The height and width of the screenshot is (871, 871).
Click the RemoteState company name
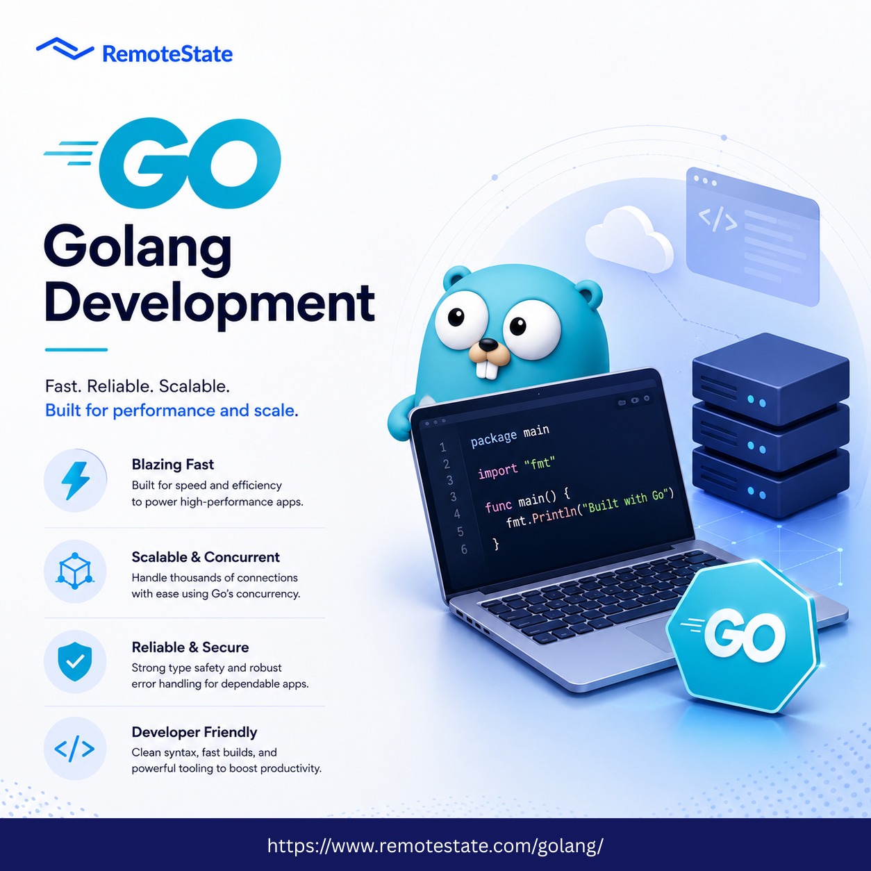(x=167, y=54)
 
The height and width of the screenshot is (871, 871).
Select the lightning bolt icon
(x=76, y=481)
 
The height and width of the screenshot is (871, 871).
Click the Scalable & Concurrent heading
(x=206, y=557)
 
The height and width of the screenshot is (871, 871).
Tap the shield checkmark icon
(x=75, y=662)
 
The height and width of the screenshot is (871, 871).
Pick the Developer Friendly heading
(x=194, y=732)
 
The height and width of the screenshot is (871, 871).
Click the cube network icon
(x=75, y=571)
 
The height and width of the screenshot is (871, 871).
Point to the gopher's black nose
(x=488, y=345)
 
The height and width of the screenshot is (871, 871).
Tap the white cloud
(x=629, y=239)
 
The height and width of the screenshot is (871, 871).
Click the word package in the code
(x=494, y=438)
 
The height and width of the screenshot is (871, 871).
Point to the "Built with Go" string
(x=627, y=502)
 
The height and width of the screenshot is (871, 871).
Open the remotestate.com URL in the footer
(x=435, y=845)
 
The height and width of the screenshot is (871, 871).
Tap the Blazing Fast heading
(x=173, y=464)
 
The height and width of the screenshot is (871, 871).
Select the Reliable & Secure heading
(x=190, y=647)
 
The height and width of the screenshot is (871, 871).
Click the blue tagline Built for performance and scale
(x=172, y=410)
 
